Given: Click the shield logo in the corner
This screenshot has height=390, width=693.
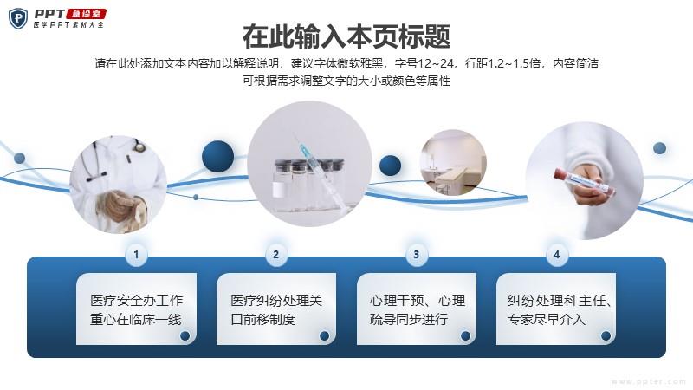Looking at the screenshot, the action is pyautogui.click(x=18, y=18).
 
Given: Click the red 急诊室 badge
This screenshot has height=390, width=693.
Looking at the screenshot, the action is pyautogui.click(x=86, y=14).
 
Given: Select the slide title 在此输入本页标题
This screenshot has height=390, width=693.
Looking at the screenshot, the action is pyautogui.click(x=346, y=36).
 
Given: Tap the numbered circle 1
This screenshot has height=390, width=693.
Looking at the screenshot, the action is pyautogui.click(x=136, y=254).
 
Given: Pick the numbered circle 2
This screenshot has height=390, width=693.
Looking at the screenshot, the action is pyautogui.click(x=276, y=254).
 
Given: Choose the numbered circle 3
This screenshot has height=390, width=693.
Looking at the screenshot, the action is pyautogui.click(x=417, y=254).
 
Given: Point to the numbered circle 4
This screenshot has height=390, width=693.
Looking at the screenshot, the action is pyautogui.click(x=556, y=254).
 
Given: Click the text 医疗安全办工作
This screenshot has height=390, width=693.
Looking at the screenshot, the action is pyautogui.click(x=137, y=300).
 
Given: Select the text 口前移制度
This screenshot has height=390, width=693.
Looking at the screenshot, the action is pyautogui.click(x=263, y=319).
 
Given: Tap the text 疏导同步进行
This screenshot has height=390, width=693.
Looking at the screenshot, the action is pyautogui.click(x=409, y=319).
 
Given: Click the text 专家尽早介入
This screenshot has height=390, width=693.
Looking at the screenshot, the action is pyautogui.click(x=547, y=319).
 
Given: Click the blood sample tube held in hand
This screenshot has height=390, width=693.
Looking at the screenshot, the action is pyautogui.click(x=584, y=183).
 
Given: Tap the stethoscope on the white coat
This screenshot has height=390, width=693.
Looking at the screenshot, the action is pyautogui.click(x=116, y=159).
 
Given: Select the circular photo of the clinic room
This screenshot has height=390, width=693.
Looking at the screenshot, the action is pyautogui.click(x=453, y=163).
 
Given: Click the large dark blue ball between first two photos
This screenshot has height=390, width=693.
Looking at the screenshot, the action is pyautogui.click(x=218, y=157).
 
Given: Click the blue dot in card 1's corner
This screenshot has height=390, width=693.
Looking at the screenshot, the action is pyautogui.click(x=185, y=335).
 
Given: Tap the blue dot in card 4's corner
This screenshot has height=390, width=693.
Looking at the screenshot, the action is pyautogui.click(x=606, y=335).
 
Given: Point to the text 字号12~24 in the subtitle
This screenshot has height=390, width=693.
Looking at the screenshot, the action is pyautogui.click(x=424, y=63).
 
